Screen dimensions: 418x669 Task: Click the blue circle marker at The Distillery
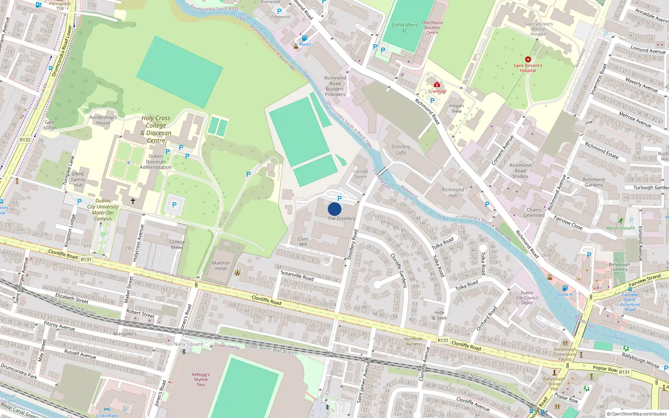click(334, 209)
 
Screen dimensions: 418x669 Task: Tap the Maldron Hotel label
click(221, 266)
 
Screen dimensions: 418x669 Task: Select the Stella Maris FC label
click(405, 28)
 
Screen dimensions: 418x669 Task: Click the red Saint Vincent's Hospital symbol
click(528, 59)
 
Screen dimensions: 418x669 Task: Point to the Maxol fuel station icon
click(304, 38)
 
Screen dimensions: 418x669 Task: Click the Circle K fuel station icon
click(565, 288)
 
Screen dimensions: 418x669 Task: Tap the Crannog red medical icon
click(437, 85)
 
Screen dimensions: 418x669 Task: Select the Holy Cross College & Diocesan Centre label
click(156, 129)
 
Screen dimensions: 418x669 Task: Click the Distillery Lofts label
click(401, 150)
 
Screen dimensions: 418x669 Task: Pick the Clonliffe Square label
click(360, 174)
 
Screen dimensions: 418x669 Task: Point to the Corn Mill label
click(303, 242)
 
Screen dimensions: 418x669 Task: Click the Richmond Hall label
click(453, 192)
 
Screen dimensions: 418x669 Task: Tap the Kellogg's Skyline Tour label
click(201, 380)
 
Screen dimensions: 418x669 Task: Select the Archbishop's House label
click(103, 120)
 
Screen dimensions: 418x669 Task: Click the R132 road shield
click(25, 140)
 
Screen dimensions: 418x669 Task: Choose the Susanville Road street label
click(297, 275)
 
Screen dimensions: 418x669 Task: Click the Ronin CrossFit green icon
click(621, 221)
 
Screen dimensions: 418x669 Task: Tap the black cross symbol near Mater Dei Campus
click(133, 201)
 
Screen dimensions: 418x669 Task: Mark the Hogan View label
click(457, 108)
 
